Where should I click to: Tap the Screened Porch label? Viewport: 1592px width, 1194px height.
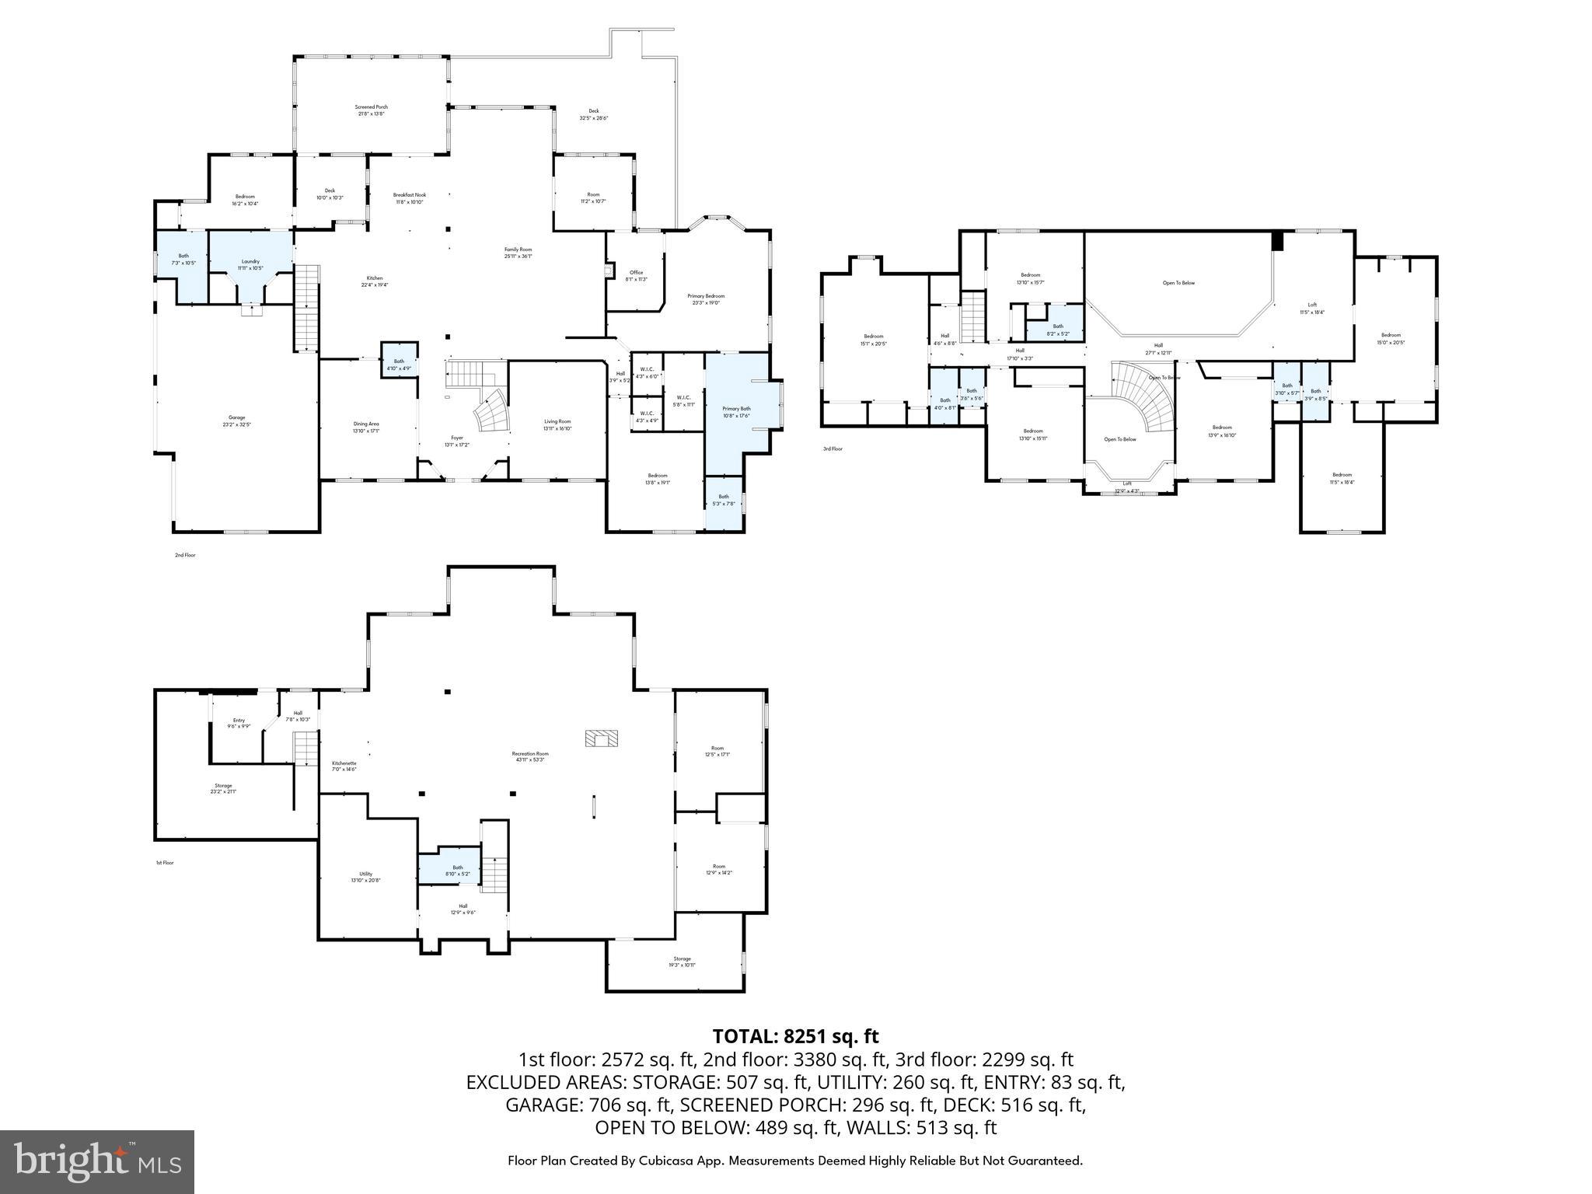[371, 110]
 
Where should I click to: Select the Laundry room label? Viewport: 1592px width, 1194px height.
[250, 264]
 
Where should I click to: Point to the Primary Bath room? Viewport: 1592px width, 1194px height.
[735, 411]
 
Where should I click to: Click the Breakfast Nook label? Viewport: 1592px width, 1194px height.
[409, 198]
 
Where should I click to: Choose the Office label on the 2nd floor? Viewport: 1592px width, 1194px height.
[636, 275]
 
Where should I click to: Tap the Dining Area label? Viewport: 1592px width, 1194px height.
[365, 427]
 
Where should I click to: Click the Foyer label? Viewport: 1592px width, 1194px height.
[457, 441]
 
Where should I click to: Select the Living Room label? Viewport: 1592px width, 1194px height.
[557, 424]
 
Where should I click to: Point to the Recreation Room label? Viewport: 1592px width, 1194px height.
[530, 756]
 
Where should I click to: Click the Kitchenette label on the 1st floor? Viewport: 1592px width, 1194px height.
[344, 766]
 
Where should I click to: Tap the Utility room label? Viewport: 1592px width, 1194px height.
[365, 876]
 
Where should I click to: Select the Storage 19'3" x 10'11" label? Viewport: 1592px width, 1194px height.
[682, 962]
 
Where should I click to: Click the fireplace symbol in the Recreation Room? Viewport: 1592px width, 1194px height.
[601, 738]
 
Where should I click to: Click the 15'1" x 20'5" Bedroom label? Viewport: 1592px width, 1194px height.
[873, 340]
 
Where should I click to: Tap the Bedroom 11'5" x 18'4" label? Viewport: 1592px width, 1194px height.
[1342, 478]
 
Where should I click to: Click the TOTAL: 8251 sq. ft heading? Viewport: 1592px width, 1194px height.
[795, 1036]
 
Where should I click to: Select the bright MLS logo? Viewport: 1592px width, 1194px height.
[97, 1161]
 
